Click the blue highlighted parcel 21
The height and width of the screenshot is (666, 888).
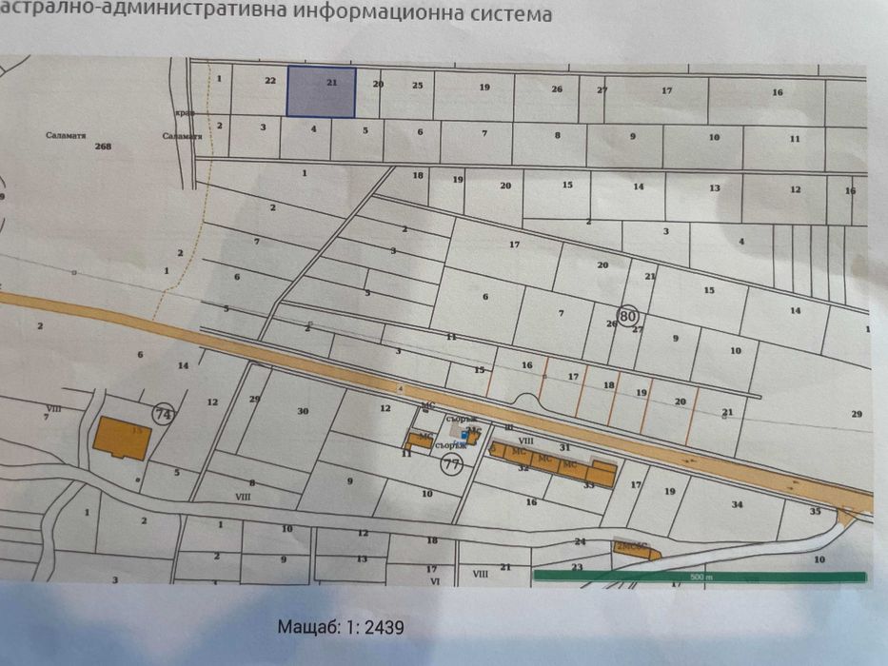(322, 92)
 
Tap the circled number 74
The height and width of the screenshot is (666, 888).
(164, 414)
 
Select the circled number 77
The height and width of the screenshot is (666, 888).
(452, 464)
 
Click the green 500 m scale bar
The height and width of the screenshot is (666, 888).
(700, 577)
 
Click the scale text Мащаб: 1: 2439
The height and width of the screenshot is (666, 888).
(342, 628)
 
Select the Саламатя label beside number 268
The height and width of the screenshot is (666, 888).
(66, 135)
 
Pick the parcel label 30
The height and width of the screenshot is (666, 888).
(303, 411)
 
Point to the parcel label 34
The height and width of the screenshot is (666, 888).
(737, 503)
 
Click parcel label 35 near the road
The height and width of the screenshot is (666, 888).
(815, 511)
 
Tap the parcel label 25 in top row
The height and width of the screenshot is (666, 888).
(417, 86)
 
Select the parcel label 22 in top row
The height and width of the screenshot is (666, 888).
(269, 81)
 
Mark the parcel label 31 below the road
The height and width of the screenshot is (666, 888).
(564, 447)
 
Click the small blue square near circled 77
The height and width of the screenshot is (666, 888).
(464, 439)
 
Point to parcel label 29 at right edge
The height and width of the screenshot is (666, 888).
(856, 413)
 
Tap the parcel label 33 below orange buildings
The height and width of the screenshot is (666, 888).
(588, 484)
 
